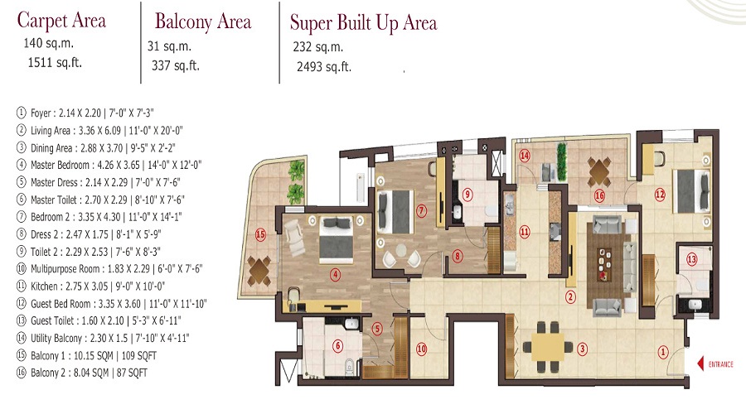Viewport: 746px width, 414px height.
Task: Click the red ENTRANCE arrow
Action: point(700,364)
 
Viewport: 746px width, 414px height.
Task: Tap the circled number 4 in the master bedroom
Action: point(336,274)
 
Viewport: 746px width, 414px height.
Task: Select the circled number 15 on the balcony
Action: point(260,234)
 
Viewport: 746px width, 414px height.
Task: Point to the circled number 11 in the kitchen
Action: point(525,232)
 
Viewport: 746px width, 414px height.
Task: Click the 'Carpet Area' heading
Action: point(61,21)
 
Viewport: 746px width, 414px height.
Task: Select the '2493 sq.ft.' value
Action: point(324,66)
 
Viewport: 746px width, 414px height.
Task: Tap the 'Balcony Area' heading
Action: point(203,22)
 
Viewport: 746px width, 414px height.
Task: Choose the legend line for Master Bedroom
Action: point(109,165)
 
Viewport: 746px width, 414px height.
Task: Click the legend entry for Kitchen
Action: point(90,286)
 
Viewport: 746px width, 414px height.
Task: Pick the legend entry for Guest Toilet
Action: point(99,320)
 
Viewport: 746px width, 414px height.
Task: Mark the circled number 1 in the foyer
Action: point(663,352)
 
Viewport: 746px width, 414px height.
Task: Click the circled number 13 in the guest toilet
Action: point(692,259)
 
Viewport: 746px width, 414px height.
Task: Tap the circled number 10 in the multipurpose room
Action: point(422,349)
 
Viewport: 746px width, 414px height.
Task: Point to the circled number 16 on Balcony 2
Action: point(599,195)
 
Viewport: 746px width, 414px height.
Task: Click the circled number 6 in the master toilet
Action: point(338,345)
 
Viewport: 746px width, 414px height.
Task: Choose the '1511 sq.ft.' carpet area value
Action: point(55,63)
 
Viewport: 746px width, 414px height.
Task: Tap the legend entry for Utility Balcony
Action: point(103,339)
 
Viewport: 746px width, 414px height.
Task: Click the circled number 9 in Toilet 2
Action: point(467,194)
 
